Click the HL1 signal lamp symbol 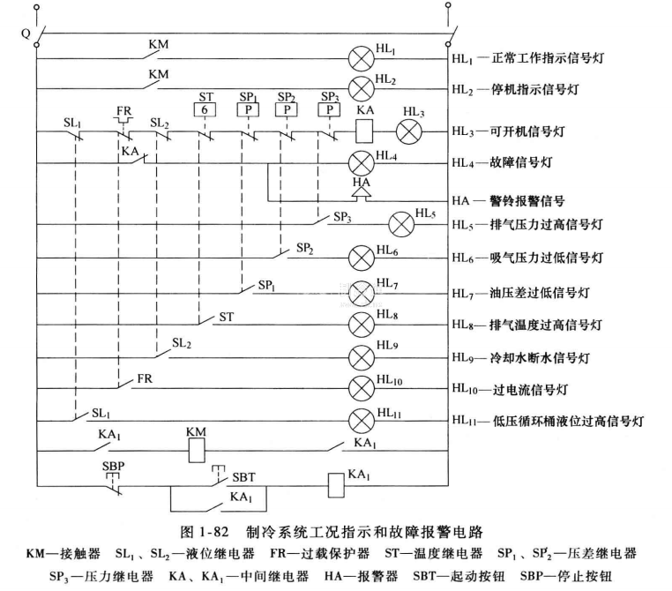click(x=362, y=60)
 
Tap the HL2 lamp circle click(x=362, y=89)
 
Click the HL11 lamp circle click(x=362, y=419)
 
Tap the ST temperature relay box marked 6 click(x=205, y=109)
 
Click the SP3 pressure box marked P click(x=331, y=109)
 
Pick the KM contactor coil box click(x=196, y=451)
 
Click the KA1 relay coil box click(x=334, y=484)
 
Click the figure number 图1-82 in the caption click(x=198, y=534)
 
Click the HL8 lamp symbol click(x=362, y=322)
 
